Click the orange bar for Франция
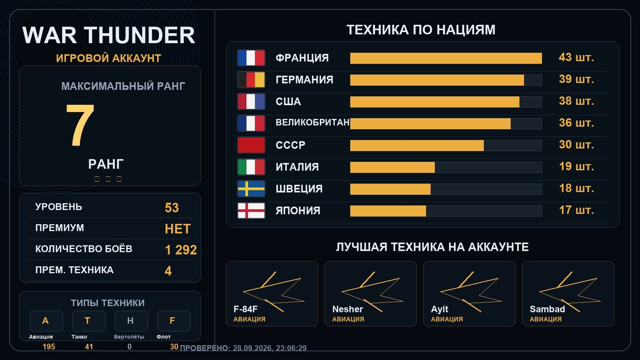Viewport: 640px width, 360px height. click(446, 58)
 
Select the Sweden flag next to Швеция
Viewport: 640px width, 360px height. click(251, 189)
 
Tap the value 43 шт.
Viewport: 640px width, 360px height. click(576, 58)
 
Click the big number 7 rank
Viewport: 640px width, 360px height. click(80, 125)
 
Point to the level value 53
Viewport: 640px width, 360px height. click(172, 208)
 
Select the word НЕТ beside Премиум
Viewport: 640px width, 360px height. click(178, 229)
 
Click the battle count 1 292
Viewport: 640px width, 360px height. click(181, 250)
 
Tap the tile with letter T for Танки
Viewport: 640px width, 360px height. click(88, 321)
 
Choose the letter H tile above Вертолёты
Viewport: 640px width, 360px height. click(131, 321)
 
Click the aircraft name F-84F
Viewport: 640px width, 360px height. click(246, 309)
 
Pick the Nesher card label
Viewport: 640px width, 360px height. click(348, 309)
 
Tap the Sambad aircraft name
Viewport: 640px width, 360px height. click(547, 309)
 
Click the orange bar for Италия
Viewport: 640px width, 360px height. click(392, 168)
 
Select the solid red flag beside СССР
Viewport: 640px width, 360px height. click(251, 145)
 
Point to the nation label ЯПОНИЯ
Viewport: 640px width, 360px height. click(298, 210)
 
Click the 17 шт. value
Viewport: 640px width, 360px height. click(576, 210)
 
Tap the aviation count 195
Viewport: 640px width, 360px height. click(49, 347)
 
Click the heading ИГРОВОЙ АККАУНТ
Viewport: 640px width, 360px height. click(108, 58)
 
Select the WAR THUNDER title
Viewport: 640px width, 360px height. click(108, 35)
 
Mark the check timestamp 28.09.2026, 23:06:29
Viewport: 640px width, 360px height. click(270, 348)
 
